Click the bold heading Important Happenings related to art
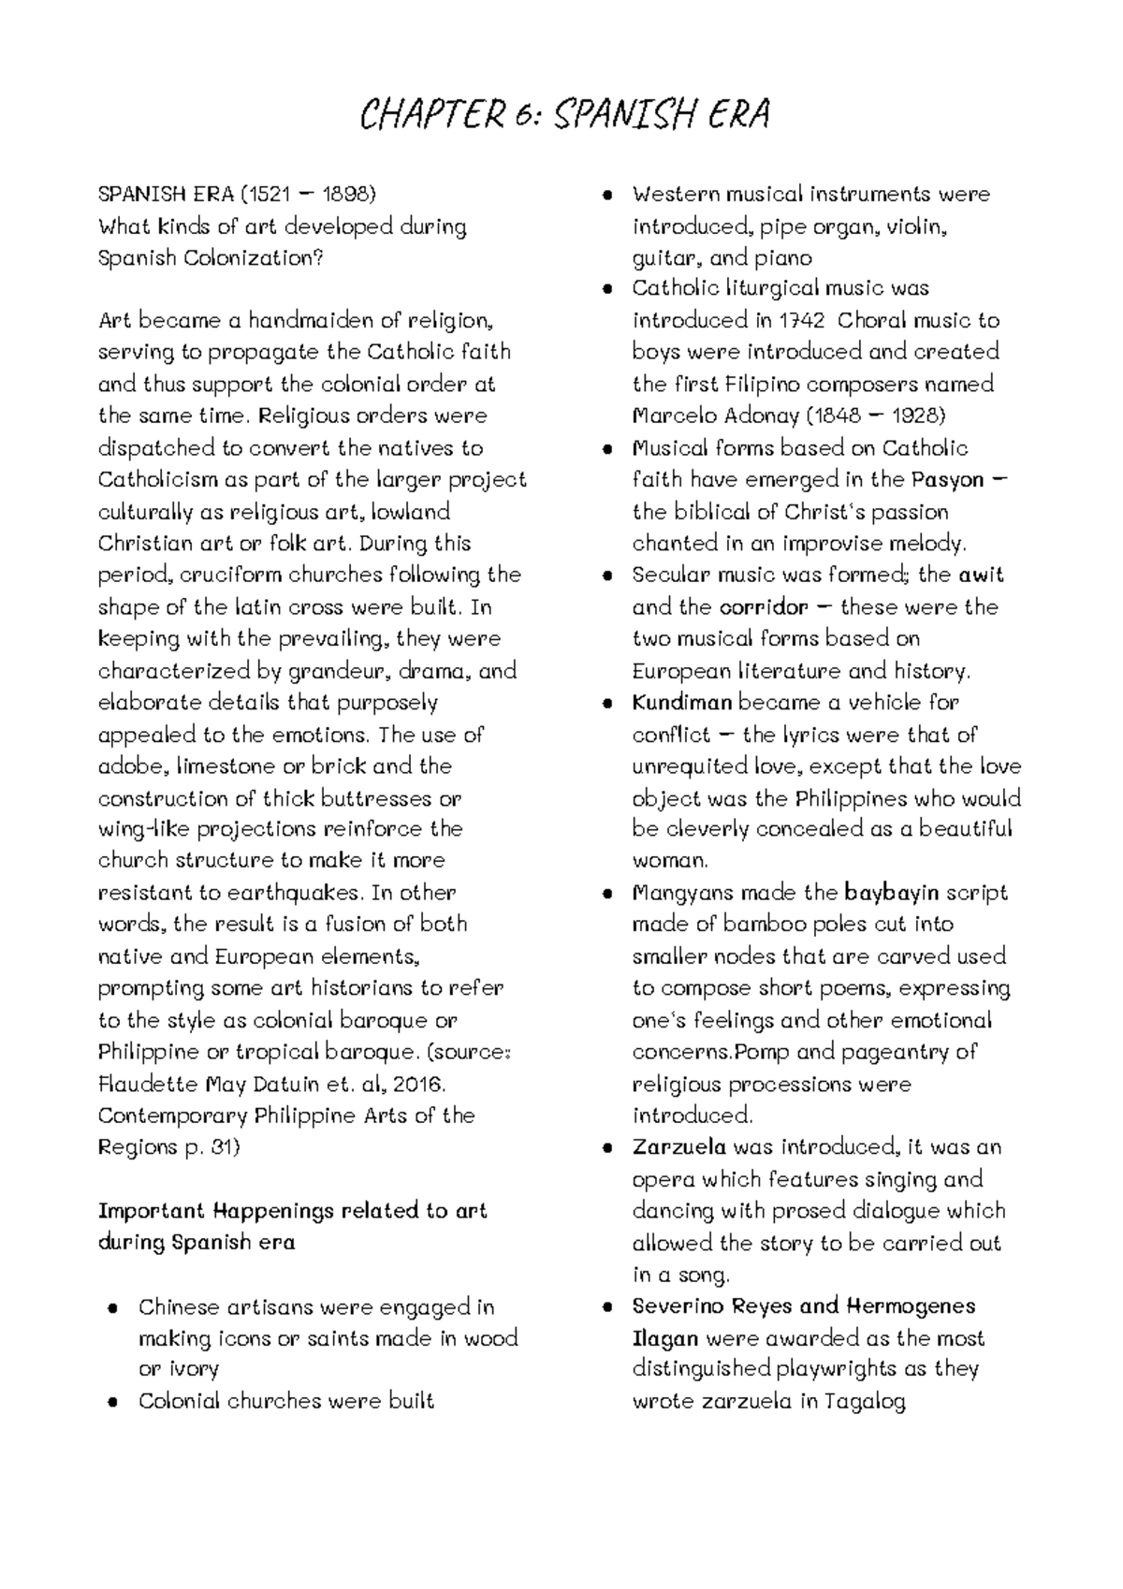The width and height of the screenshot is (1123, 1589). pos(292,1210)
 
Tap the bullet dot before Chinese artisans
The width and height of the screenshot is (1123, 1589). pos(112,1307)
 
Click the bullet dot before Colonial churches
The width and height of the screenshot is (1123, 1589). pos(112,1402)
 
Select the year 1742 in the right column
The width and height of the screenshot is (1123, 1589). pos(802,321)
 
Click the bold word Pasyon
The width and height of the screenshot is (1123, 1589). pos(947,480)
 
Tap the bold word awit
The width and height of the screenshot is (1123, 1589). pos(981,575)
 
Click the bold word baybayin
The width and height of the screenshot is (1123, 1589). pos(891,892)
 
